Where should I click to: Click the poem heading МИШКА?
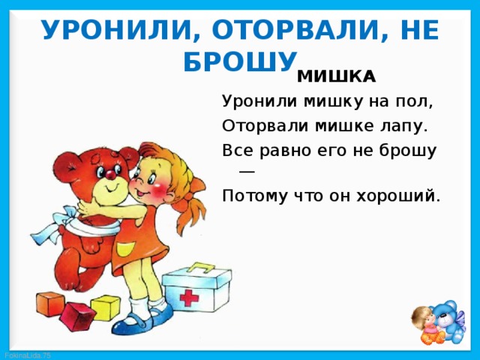[336, 76]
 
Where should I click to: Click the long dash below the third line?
[247, 172]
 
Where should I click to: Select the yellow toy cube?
[105, 307]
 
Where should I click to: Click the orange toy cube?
[51, 304]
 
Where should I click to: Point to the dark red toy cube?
[77, 316]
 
